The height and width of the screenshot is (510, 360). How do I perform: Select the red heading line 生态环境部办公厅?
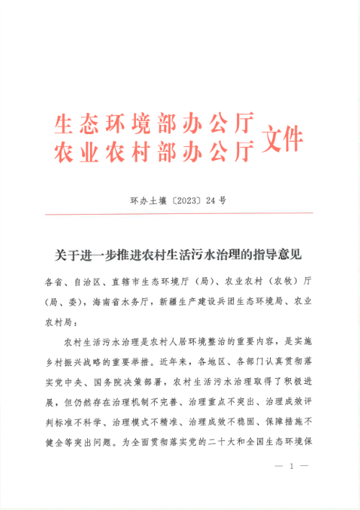pos(154,125)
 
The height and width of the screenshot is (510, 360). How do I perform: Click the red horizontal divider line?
pos(179,213)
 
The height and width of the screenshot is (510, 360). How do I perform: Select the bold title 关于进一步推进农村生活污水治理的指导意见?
pos(179,254)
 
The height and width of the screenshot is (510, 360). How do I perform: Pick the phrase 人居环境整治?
pos(179,336)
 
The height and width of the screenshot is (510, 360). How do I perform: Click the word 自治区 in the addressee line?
pos(89,280)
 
